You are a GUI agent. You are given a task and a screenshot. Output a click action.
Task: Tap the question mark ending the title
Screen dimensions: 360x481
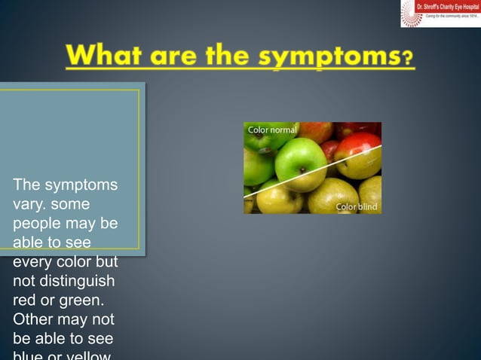[408, 59]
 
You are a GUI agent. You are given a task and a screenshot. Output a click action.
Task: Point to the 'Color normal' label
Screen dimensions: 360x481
[272, 130]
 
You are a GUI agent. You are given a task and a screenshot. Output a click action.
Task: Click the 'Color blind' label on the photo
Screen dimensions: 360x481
[356, 206]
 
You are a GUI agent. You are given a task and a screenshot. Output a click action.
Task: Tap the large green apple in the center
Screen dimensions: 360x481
[300, 162]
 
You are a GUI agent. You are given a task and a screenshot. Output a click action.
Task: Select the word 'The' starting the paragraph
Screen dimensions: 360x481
[26, 185]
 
